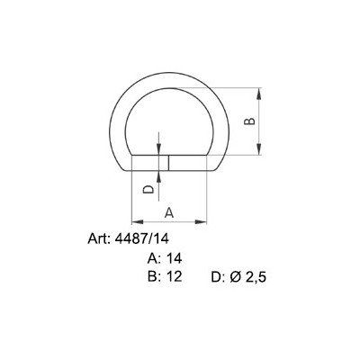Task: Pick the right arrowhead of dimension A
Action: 214,221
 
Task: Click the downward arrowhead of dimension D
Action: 158,150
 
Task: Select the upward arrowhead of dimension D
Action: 158,175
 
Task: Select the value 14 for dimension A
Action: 175,258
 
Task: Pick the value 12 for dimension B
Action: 175,276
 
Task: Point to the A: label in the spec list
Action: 154,258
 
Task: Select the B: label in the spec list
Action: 154,276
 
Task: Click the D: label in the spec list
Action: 217,277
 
